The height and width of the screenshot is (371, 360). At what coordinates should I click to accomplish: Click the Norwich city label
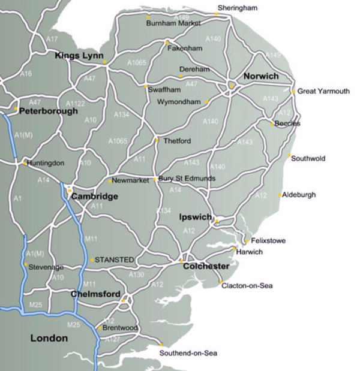(260, 76)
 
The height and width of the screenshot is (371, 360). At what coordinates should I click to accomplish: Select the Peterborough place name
(48, 111)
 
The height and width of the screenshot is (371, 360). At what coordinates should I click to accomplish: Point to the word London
(49, 339)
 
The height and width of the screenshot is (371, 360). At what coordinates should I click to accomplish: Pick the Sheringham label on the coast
(237, 7)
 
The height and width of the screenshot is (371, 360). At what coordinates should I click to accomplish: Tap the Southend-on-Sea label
(188, 353)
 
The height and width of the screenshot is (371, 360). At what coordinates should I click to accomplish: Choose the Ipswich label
(196, 218)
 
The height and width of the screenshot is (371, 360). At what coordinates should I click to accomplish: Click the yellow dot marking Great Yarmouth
(293, 92)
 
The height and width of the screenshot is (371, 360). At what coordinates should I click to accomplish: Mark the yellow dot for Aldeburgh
(280, 195)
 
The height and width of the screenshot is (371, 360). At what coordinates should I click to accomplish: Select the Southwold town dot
(289, 156)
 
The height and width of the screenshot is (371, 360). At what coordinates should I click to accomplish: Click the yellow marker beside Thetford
(157, 141)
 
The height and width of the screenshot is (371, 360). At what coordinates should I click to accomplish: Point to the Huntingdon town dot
(25, 162)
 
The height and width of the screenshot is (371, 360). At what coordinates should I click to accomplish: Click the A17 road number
(53, 39)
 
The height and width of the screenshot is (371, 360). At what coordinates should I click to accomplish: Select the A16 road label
(26, 74)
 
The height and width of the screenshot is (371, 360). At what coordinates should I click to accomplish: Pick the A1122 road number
(75, 103)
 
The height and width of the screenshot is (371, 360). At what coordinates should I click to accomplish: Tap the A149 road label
(272, 55)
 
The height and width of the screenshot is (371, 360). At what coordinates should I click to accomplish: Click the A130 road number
(137, 275)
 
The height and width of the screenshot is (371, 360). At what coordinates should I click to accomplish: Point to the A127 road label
(112, 340)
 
